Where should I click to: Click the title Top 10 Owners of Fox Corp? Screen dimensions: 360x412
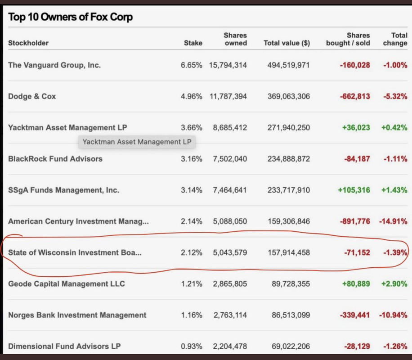71,18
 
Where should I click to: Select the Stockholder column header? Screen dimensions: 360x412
28,43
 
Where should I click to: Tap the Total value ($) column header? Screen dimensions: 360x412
287,43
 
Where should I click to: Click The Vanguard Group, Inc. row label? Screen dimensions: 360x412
54,65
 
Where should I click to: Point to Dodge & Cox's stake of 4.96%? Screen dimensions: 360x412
191,96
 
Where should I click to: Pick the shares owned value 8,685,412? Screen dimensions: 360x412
230,127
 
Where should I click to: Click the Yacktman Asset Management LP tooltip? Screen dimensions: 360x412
137,142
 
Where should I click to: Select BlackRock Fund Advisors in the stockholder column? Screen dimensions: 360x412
55,158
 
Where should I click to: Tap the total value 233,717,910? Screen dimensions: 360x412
287,190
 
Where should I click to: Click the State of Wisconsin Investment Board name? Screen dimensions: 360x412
75,252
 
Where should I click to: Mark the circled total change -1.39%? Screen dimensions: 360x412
395,252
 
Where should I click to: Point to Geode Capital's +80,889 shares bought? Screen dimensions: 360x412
356,284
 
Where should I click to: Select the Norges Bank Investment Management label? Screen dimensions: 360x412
77,315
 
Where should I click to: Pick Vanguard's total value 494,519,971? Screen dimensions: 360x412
287,65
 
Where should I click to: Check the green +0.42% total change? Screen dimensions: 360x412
394,127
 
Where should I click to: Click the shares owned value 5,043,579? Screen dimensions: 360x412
230,252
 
